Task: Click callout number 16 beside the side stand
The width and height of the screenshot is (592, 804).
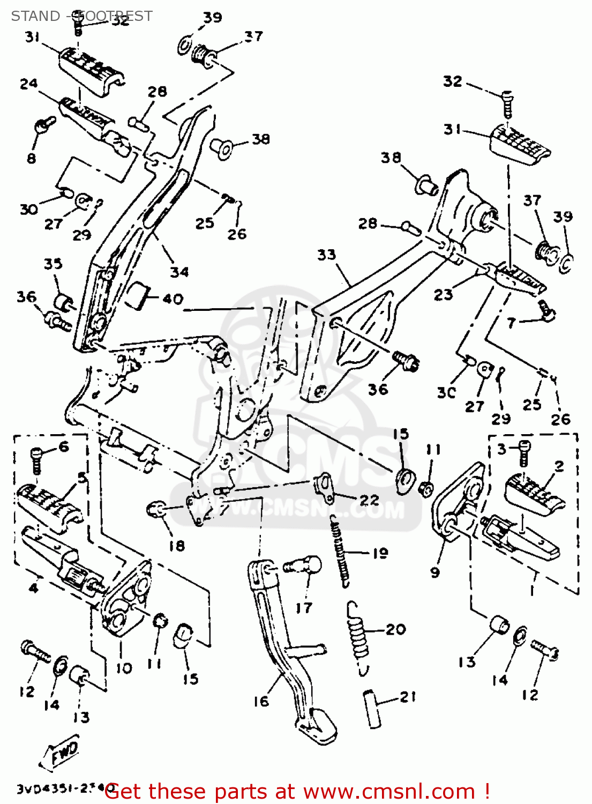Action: tap(261, 701)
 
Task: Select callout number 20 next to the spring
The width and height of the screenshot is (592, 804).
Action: tap(395, 629)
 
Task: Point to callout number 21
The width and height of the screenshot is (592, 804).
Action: tap(408, 697)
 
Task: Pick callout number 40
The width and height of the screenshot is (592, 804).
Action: tap(173, 299)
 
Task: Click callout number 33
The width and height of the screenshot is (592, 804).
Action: tap(326, 255)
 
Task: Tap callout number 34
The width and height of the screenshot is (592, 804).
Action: tap(179, 272)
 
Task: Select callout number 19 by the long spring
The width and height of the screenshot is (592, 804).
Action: tap(380, 553)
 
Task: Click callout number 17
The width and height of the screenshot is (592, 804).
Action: tap(304, 608)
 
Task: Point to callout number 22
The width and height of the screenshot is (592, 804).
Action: tap(369, 500)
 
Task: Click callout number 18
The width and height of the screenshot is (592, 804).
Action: tap(177, 546)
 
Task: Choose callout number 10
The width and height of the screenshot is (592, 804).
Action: tap(124, 668)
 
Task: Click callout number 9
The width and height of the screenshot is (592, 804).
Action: tap(435, 572)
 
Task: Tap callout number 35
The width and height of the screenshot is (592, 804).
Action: tap(53, 264)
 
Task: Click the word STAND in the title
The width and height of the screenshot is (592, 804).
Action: tap(35, 16)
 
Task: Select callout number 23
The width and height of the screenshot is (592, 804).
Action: tap(443, 294)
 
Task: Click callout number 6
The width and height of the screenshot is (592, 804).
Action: tap(64, 446)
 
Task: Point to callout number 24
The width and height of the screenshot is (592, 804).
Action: tap(28, 84)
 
